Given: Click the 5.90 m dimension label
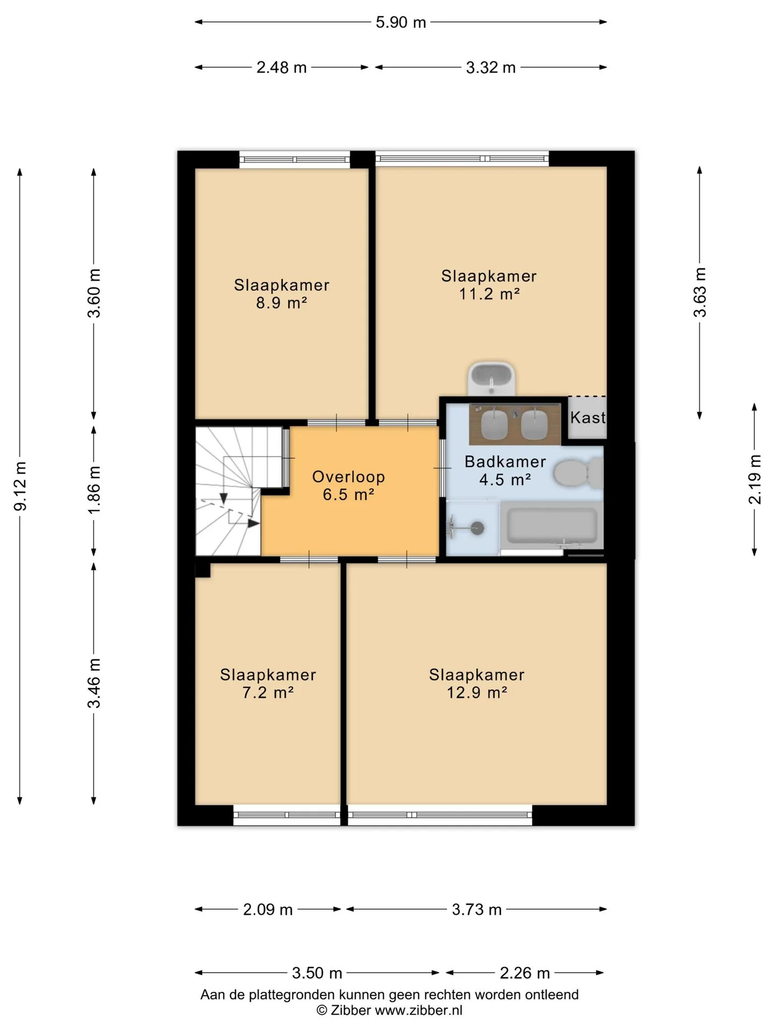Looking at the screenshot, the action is [x=400, y=22].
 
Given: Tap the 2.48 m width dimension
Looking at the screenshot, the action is [x=282, y=67].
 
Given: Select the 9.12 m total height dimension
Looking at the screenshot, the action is [x=20, y=486].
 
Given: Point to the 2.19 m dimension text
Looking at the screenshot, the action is [x=755, y=480].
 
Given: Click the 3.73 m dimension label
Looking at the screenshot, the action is [x=477, y=909].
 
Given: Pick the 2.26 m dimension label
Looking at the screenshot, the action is [x=525, y=972].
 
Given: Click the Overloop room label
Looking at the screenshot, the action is [x=348, y=476].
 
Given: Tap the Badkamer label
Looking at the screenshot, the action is [x=505, y=461].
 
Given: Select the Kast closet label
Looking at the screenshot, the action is [x=587, y=417].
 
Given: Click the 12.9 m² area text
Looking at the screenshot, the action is [x=477, y=692].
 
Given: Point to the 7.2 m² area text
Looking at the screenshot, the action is [x=268, y=692].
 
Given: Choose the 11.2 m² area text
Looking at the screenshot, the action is [x=489, y=294].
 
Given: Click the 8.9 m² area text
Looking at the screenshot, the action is [x=282, y=303].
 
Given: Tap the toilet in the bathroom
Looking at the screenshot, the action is [x=578, y=473].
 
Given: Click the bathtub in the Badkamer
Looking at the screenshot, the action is [x=552, y=525].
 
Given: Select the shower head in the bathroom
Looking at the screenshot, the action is [x=477, y=528].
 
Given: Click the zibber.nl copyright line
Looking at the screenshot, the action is [x=390, y=1010].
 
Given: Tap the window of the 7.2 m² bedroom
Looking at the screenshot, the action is [x=287, y=815].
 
